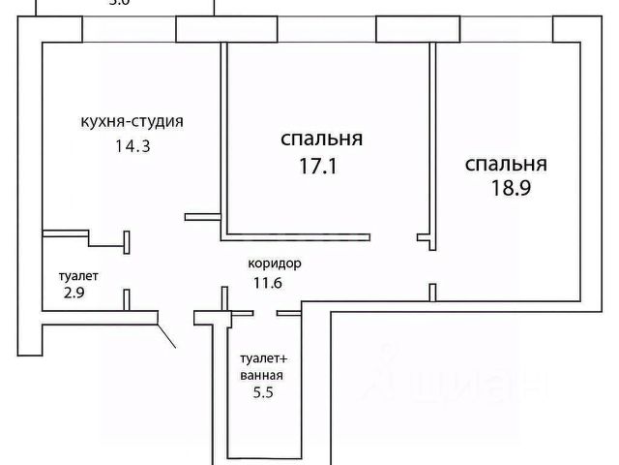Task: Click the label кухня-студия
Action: pyautogui.click(x=132, y=122)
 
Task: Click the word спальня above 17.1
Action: pyautogui.click(x=322, y=139)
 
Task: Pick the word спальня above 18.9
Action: pyautogui.click(x=506, y=163)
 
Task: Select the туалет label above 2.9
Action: pyautogui.click(x=78, y=275)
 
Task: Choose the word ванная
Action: pyautogui.click(x=261, y=375)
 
